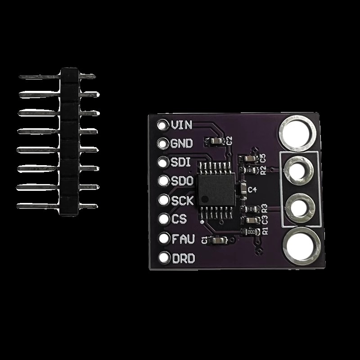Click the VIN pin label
(x=181, y=125)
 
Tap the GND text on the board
(x=181, y=144)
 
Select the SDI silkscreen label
(x=181, y=162)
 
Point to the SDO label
(x=182, y=181)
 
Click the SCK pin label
(x=183, y=200)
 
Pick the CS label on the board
(x=179, y=219)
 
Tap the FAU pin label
(x=183, y=239)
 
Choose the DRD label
(x=184, y=258)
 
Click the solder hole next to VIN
(x=162, y=125)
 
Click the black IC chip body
(x=216, y=189)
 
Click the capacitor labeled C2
(x=216, y=141)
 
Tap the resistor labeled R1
(x=251, y=231)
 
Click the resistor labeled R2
(x=249, y=170)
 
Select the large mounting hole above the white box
(x=297, y=133)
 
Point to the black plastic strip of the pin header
(x=69, y=142)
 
